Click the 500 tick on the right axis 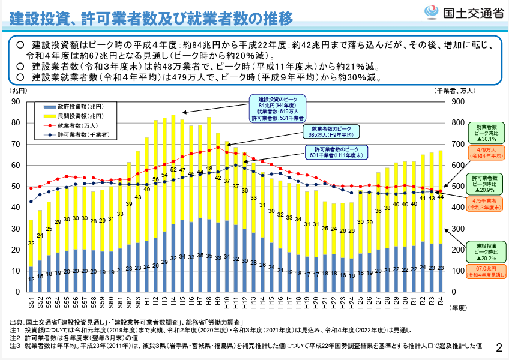click(457, 186)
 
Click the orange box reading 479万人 click(486, 152)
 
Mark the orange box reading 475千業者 click(486, 204)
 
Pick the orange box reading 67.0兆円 click(486, 272)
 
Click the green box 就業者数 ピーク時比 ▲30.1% click(486, 133)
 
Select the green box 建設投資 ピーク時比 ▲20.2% click(486, 251)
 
